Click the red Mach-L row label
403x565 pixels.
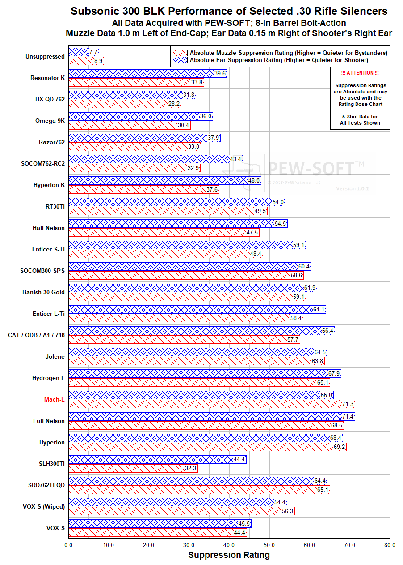click(x=54, y=399)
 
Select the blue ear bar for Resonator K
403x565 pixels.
click(x=147, y=73)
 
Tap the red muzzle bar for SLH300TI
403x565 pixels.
click(x=133, y=469)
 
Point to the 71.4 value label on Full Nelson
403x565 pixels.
click(x=348, y=416)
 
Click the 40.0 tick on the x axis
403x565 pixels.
click(x=229, y=545)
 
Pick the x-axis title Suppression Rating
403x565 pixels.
click(x=229, y=555)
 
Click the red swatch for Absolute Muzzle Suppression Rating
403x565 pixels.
click(x=180, y=53)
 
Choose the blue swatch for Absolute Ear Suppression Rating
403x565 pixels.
click(x=180, y=60)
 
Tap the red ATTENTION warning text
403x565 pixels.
click(x=360, y=73)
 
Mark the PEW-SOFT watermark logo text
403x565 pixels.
click(x=312, y=168)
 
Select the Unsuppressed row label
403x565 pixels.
click(x=45, y=56)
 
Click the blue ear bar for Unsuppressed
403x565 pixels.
click(x=84, y=52)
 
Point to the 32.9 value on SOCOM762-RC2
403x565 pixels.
click(x=193, y=168)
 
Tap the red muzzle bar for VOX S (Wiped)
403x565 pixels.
click(x=181, y=511)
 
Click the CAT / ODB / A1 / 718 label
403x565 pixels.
click(x=36, y=335)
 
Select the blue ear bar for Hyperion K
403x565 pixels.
click(x=165, y=180)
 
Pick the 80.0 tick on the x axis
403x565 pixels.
click(x=390, y=545)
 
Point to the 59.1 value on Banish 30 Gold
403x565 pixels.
click(x=299, y=297)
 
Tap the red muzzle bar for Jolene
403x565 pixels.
click(x=197, y=361)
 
